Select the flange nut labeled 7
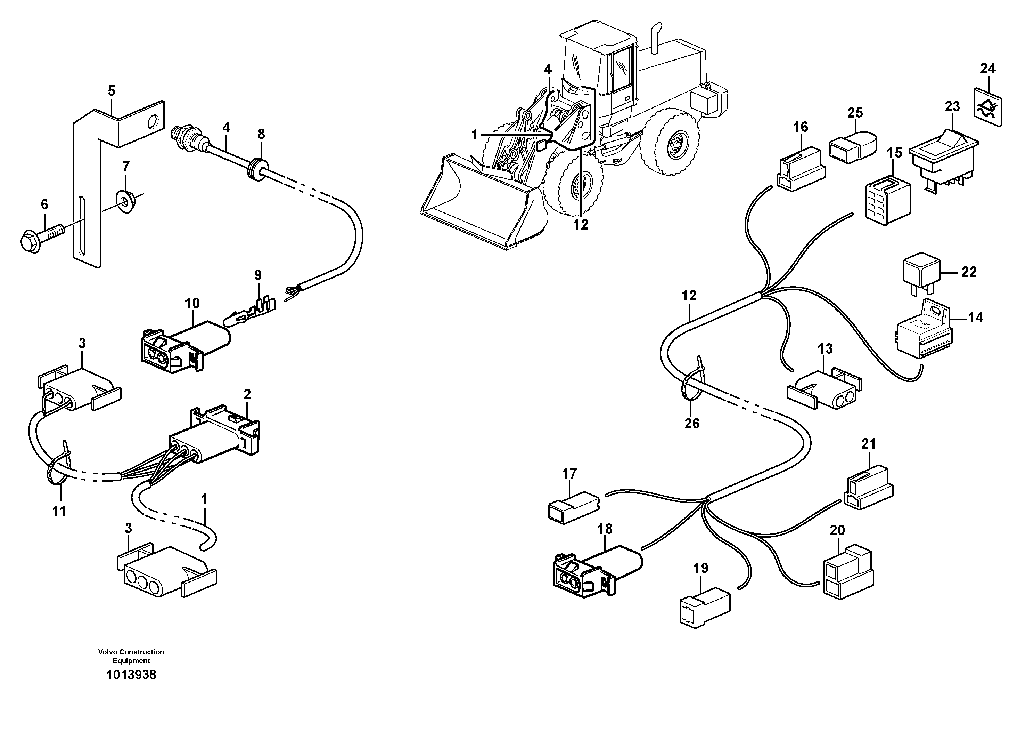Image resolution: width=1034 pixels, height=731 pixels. (x=126, y=201)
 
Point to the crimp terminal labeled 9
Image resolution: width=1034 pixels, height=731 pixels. (x=252, y=312)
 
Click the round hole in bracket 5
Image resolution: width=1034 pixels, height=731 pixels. (x=153, y=121)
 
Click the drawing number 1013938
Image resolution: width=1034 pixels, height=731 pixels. (x=131, y=675)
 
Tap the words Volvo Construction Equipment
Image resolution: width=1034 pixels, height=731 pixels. (x=131, y=656)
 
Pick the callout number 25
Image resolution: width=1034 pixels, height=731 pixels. (x=855, y=112)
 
